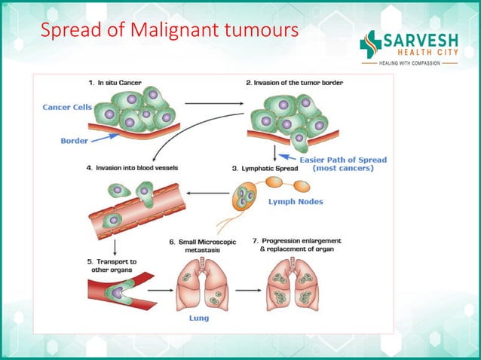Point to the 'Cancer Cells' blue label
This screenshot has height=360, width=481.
[66, 107]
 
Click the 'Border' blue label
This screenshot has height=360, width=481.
[75, 140]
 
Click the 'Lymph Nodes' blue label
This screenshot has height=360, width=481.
[296, 202]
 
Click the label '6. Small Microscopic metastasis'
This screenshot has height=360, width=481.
[202, 246]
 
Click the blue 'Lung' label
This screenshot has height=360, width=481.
[198, 318]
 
